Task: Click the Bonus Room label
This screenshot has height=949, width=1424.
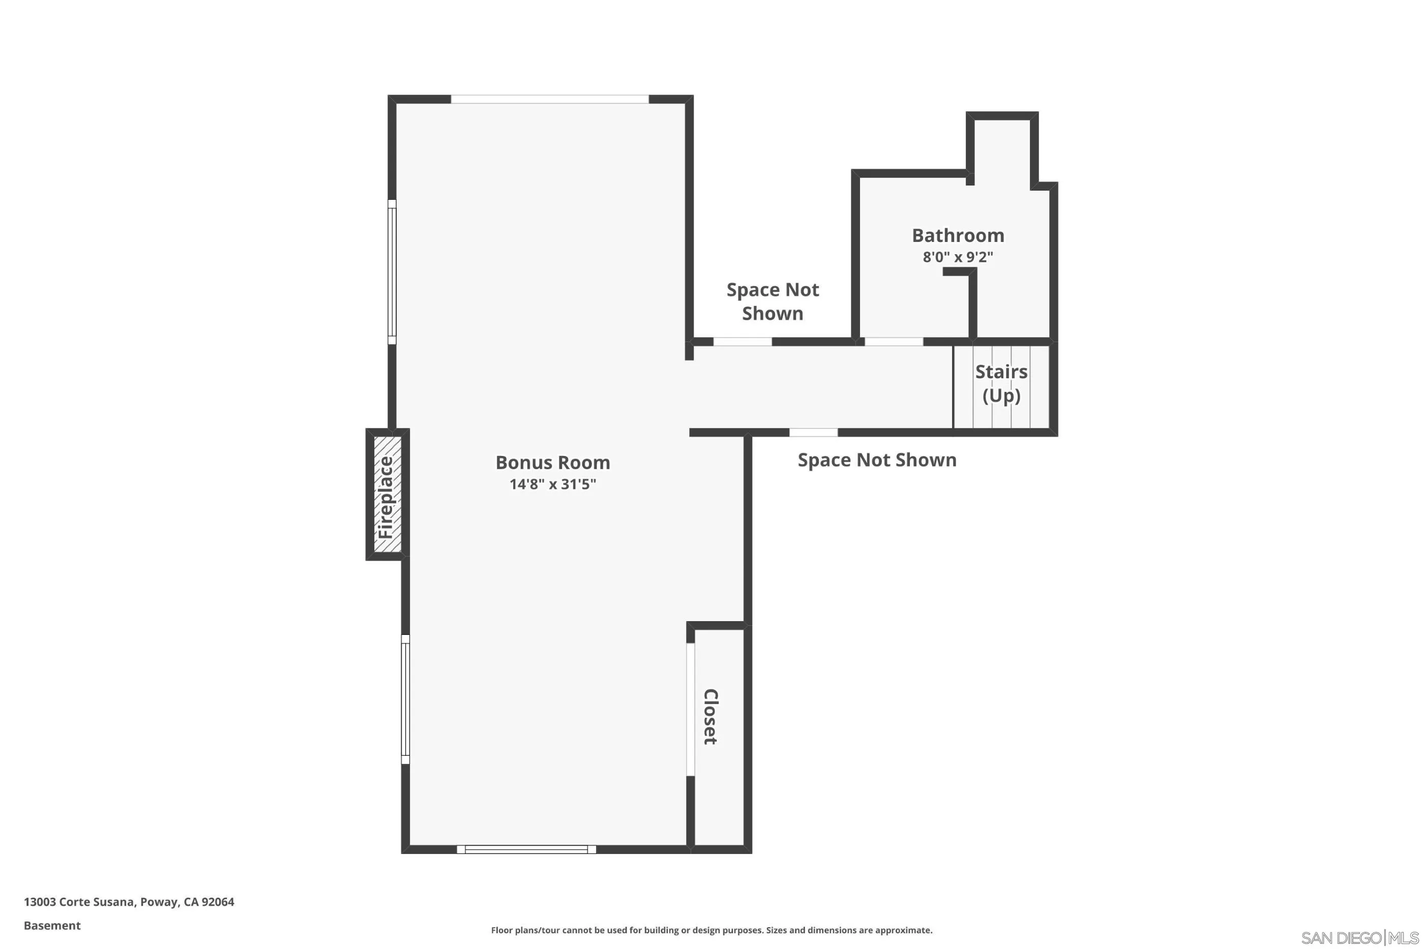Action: pos(552,463)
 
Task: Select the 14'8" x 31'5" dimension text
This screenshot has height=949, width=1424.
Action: pos(552,484)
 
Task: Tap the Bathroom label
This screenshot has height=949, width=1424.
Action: pos(958,235)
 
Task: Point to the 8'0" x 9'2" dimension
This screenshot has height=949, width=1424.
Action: pos(958,257)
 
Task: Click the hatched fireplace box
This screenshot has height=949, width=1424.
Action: pos(388,495)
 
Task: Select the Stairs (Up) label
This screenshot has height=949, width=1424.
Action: pos(1001,383)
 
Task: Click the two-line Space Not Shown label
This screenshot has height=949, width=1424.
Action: pos(773,301)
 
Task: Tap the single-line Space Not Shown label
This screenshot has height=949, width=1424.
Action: pos(877,460)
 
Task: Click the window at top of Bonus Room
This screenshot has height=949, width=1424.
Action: pos(550,99)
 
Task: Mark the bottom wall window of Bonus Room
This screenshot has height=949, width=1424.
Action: pos(526,849)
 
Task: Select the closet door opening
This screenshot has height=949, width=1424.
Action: pos(690,709)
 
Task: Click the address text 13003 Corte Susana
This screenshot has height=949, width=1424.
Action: pos(128,901)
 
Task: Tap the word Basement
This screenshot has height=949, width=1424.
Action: pos(52,926)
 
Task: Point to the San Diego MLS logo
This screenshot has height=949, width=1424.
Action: pos(1360,937)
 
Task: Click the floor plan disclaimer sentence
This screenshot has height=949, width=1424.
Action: pos(711,930)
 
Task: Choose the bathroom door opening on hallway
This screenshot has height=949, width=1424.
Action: pos(894,342)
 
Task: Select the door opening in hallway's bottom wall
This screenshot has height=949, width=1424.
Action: pos(813,432)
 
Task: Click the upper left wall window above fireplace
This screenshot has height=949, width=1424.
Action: pos(392,272)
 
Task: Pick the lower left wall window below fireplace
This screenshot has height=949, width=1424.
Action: pos(405,699)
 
